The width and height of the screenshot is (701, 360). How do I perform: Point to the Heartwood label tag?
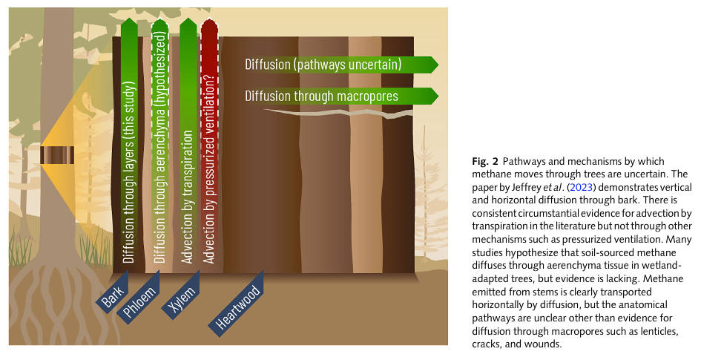pos(238,307)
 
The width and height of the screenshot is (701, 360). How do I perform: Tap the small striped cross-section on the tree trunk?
pos(56,155)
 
